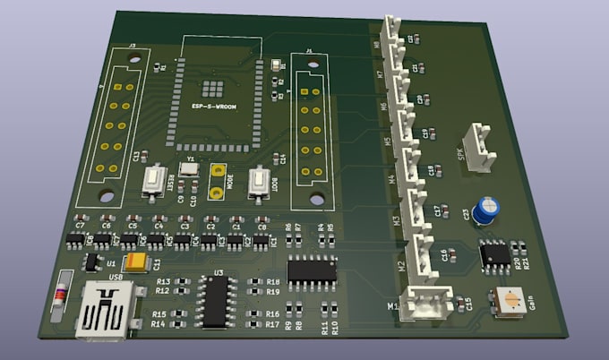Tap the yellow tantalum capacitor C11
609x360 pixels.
[138, 261]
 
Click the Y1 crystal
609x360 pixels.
[190, 169]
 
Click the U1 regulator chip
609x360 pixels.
[91, 261]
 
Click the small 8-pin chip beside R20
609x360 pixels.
[494, 254]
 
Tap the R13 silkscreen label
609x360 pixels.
[160, 280]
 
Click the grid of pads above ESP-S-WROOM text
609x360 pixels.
[212, 88]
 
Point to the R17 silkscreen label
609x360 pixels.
[272, 324]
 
